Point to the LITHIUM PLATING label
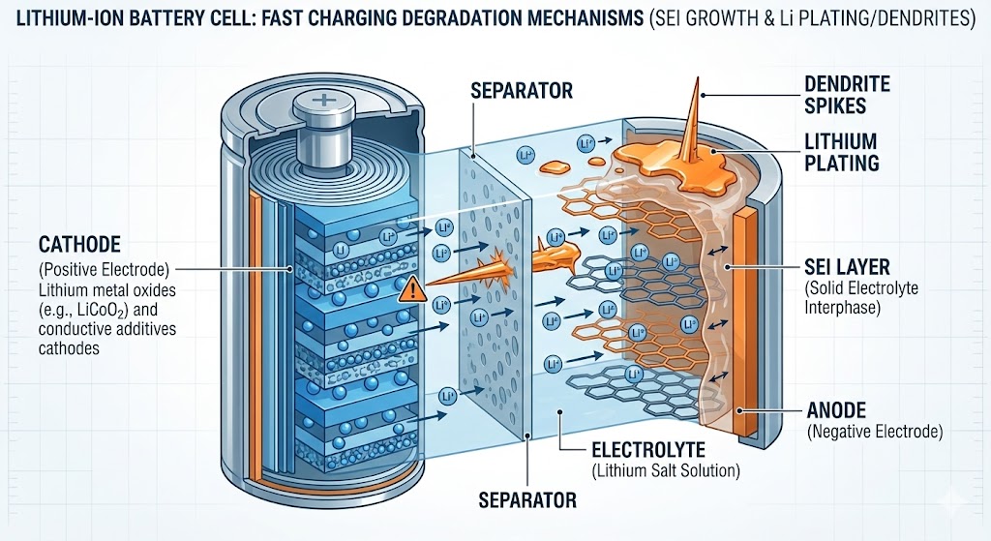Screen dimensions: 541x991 click(840, 152)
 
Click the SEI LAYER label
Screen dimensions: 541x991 click(849, 265)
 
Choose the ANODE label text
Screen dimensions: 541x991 click(836, 410)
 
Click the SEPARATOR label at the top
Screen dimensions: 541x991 click(521, 92)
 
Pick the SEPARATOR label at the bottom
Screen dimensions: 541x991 click(526, 500)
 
